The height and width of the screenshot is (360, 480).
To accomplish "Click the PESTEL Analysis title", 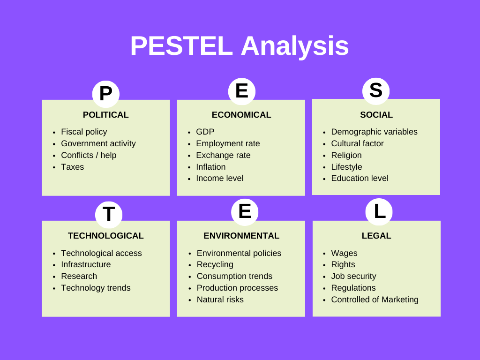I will [x=240, y=46].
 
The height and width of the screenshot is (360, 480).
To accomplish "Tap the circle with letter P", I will [x=106, y=94].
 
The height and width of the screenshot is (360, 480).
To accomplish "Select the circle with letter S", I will [x=376, y=90].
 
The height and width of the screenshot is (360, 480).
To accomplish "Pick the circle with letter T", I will [x=109, y=214].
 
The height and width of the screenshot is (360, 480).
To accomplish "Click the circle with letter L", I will [x=379, y=211].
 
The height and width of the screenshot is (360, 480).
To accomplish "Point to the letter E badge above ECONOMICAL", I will [x=242, y=90].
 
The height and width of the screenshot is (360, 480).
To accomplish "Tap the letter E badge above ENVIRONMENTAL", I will [x=245, y=211].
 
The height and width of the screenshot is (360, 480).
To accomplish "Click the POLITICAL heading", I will [x=105, y=115].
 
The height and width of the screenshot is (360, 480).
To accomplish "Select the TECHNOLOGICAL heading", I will [x=105, y=236].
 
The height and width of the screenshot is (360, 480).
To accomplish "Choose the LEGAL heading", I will [x=376, y=236].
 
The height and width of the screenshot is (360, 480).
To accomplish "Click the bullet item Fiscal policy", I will [x=84, y=132].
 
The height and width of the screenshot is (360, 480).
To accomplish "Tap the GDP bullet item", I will [x=205, y=132].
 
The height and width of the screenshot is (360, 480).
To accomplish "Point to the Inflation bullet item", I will [x=210, y=167].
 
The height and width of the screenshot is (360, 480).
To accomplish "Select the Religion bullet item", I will [x=346, y=155].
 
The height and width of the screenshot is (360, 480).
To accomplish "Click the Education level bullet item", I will [x=360, y=178].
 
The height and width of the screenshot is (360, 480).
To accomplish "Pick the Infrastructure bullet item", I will [x=86, y=264].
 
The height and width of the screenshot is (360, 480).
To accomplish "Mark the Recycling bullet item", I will [x=215, y=264].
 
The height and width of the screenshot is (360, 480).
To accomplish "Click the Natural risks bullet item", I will [x=220, y=300].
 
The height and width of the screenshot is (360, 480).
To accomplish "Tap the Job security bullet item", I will [x=353, y=276].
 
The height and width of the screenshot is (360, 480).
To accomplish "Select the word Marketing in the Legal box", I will [x=400, y=300].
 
